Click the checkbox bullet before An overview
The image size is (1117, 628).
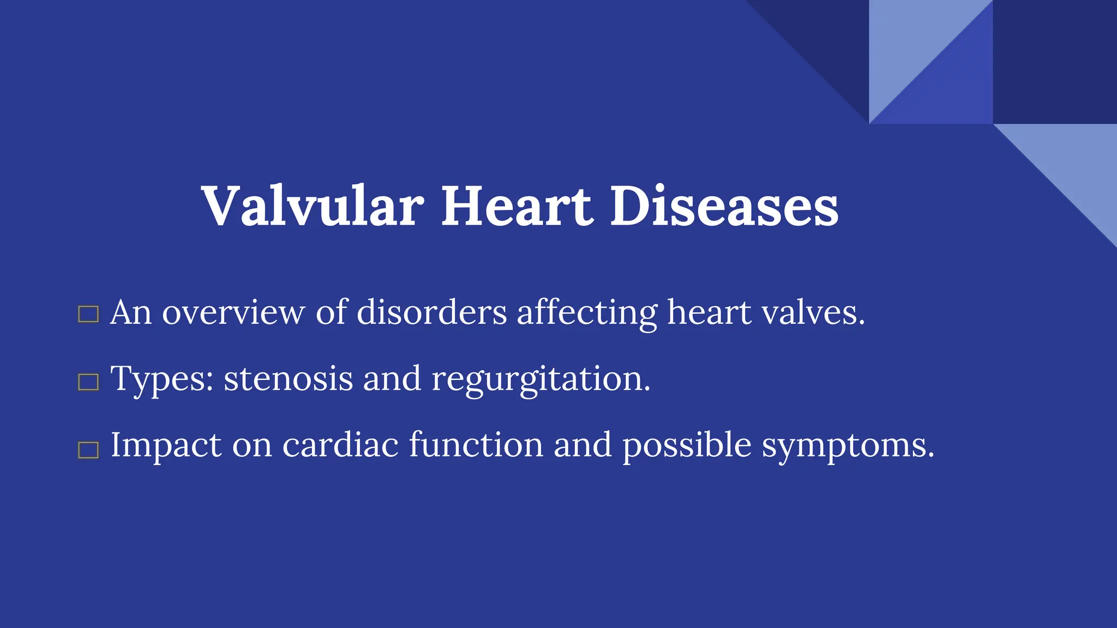[88, 315]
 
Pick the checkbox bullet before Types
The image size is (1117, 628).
[88, 382]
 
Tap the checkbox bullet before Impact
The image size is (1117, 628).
[88, 450]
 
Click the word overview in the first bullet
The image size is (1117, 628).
[233, 313]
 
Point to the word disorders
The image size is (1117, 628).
[431, 313]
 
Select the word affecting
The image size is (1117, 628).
[587, 313]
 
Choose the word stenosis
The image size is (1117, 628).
[288, 379]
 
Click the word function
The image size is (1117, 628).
[476, 445]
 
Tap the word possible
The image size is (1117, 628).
[687, 445]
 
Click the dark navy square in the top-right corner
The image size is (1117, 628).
[1055, 62]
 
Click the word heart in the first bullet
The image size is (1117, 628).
[709, 313]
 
